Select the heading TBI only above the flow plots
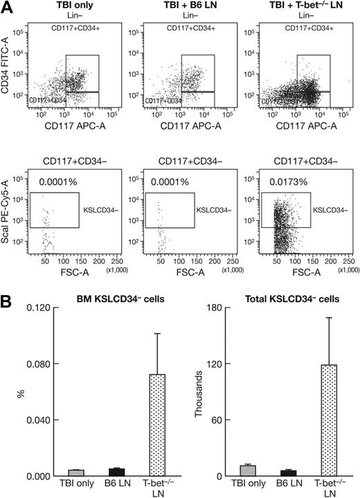(64, 6)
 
